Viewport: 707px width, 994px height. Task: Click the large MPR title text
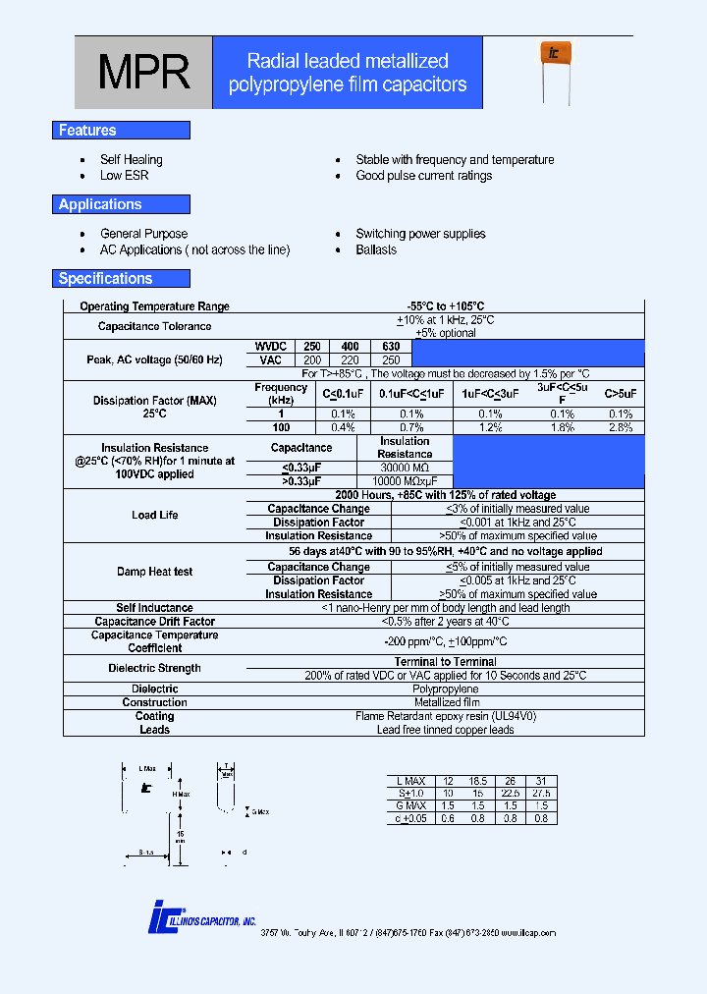pos(143,72)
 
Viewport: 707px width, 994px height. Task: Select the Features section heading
pos(88,131)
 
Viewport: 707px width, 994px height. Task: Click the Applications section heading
pos(100,204)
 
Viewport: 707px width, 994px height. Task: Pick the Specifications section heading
pos(106,279)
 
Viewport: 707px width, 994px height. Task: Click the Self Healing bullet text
pos(132,159)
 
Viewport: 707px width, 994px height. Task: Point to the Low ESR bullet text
pos(125,176)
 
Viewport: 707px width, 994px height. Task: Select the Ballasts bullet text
pos(376,249)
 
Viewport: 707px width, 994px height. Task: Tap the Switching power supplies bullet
pos(420,234)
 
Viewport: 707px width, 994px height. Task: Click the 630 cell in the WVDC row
pos(391,347)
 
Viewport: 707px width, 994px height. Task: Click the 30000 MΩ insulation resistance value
pos(405,469)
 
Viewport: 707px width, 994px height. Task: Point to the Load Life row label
pos(155,516)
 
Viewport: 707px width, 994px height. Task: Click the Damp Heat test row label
pos(155,572)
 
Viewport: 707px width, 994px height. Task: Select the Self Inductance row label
pos(155,608)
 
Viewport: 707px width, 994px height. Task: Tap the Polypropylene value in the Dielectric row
pos(445,690)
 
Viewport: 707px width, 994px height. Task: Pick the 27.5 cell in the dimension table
pos(541,794)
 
